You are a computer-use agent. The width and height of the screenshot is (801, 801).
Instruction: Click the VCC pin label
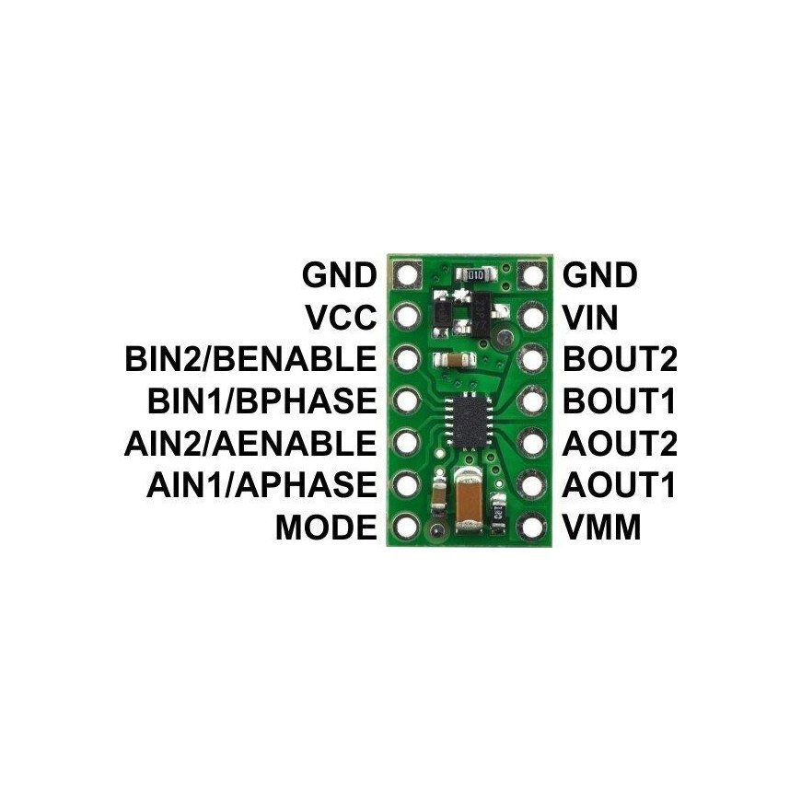[x=341, y=318]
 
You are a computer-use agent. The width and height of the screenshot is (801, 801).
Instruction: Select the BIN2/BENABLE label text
[x=250, y=359]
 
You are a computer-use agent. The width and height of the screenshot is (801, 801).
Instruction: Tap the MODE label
[x=326, y=528]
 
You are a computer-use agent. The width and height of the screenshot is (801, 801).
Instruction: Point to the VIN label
[x=590, y=318]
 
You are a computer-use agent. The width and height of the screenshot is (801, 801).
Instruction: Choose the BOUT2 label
[x=620, y=359]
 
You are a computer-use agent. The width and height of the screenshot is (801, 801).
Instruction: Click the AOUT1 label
[x=619, y=485]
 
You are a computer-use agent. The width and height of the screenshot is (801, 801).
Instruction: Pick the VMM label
[x=602, y=528]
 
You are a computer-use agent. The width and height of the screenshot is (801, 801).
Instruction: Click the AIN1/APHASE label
[x=261, y=485]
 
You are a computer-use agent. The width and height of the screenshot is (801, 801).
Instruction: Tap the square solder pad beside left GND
[x=407, y=275]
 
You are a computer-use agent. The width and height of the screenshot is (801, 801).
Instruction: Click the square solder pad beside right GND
[x=532, y=275]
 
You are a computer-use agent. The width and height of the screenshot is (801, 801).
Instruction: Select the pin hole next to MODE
[x=407, y=526]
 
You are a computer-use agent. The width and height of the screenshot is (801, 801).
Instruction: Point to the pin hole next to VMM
[x=532, y=526]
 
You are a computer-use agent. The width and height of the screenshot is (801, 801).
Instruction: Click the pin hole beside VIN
[x=532, y=317]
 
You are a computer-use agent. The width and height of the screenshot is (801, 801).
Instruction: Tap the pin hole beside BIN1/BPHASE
[x=407, y=400]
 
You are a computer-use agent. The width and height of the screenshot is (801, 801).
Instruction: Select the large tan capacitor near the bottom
[x=467, y=501]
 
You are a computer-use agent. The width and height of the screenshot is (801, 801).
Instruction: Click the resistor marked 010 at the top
[x=475, y=276]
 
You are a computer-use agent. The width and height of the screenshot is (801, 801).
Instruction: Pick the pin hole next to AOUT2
[x=532, y=442]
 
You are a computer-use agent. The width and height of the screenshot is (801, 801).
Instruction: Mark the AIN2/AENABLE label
[x=250, y=443]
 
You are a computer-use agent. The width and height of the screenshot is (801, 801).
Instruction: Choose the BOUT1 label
[x=619, y=401]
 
